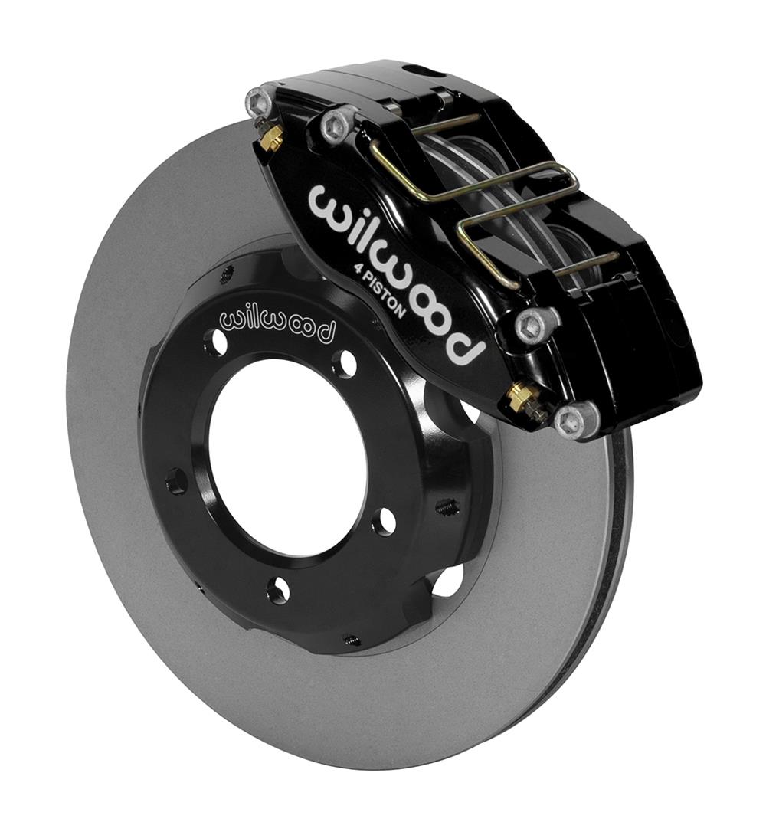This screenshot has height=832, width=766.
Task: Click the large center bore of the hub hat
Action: [287, 460]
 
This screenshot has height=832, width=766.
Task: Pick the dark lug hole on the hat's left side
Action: [176, 481]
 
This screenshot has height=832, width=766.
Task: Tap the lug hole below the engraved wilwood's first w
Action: [217, 342]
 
